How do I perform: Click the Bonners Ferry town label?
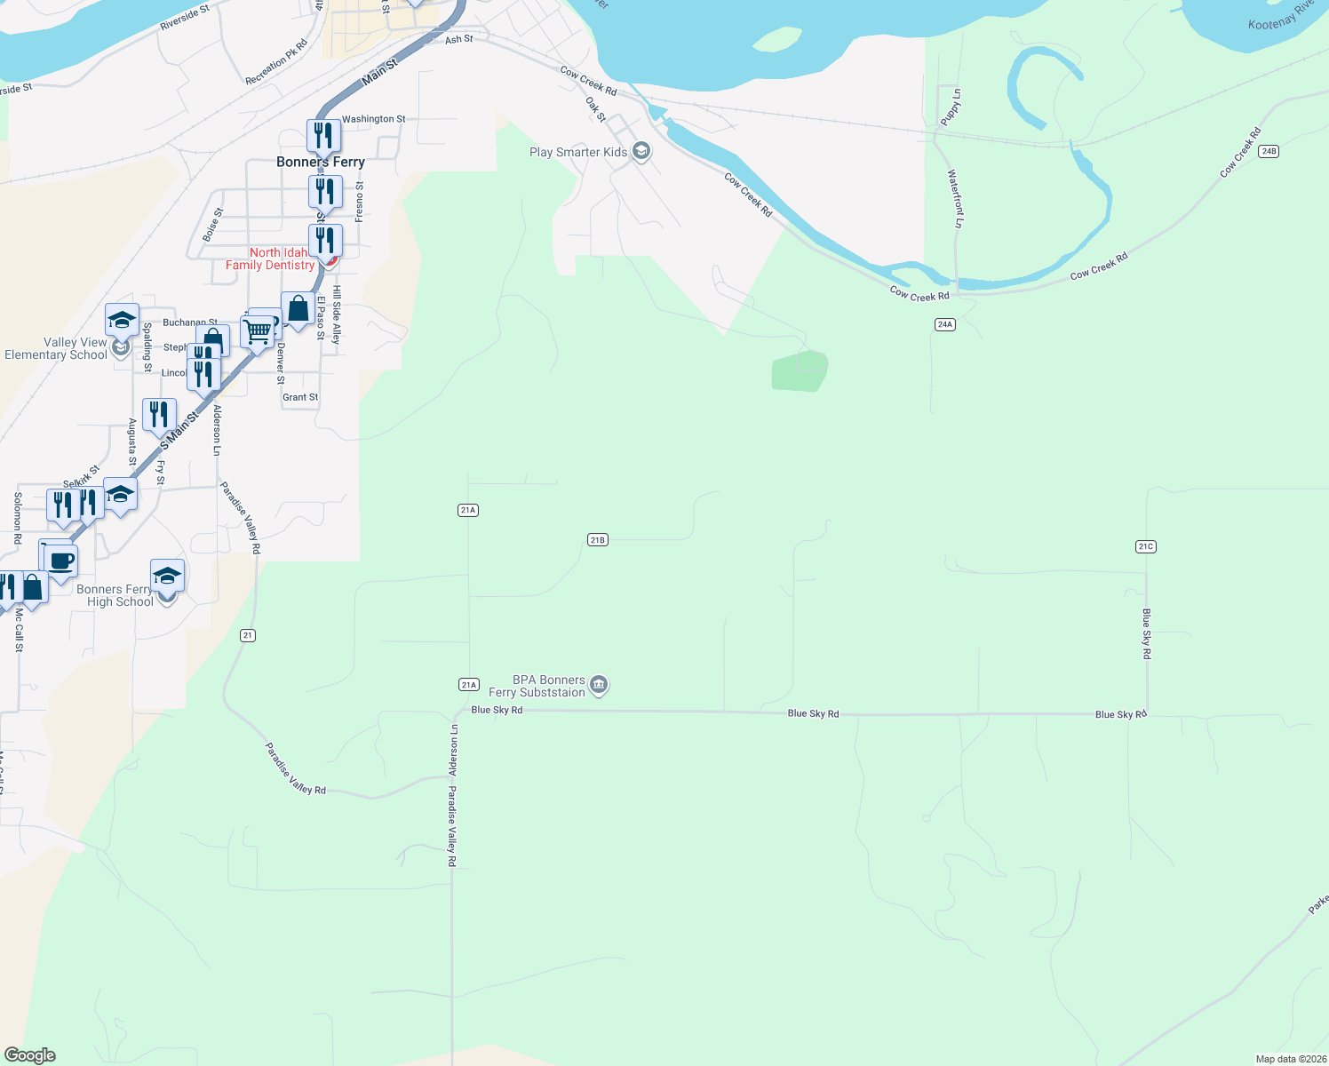321,162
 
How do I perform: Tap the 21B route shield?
597,540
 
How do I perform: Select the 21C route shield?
1145,547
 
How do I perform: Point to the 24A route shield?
944,325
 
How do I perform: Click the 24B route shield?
1268,152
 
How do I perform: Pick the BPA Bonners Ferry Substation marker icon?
599,685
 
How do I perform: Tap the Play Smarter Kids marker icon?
641,152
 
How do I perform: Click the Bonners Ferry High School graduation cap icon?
167,577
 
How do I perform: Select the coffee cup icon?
61,562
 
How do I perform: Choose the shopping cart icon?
257,332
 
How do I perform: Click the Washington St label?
373,119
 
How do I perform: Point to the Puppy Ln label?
952,107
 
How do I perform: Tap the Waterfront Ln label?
955,199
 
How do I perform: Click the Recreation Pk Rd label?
276,62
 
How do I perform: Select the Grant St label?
300,397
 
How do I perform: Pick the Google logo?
29,1055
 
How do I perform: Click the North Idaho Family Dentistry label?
270,259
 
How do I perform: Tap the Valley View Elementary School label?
56,348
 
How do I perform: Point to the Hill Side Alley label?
337,314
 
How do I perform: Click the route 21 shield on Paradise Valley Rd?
248,635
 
